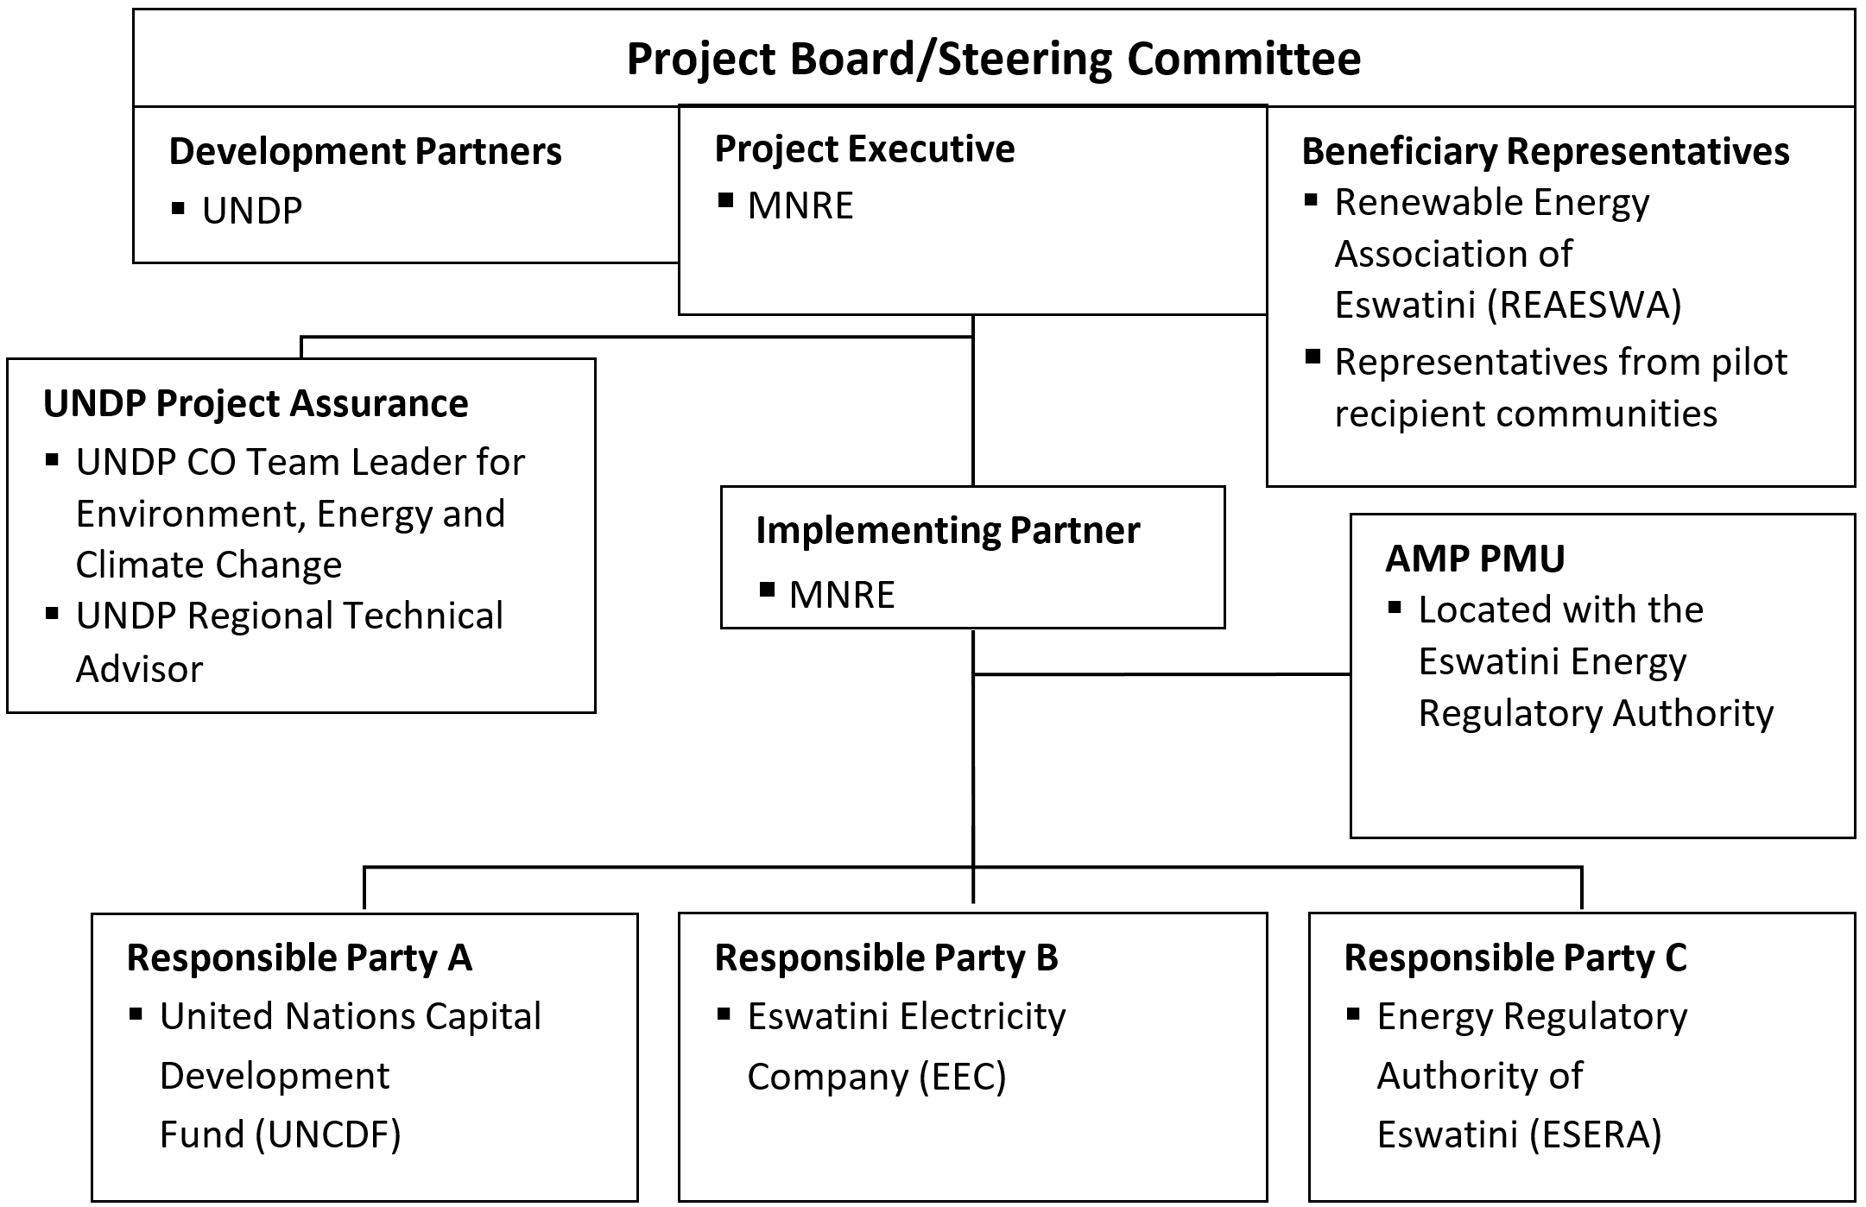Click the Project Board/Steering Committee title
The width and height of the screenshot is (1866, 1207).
993,59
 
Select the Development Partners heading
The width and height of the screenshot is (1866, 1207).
364,152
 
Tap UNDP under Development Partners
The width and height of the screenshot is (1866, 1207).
251,211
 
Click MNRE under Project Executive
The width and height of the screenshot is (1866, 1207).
800,205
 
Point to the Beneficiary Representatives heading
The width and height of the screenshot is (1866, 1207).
1545,152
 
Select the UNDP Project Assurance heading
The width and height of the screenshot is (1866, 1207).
256,404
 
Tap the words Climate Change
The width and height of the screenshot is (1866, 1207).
209,565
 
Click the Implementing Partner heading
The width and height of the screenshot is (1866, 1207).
947,530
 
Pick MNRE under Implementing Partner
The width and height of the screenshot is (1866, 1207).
841,595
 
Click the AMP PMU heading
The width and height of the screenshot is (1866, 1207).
1475,559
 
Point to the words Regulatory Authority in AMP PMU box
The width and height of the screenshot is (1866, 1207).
1596,713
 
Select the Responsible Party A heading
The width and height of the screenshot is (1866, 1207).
299,958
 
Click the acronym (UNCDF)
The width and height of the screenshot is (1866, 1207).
328,1134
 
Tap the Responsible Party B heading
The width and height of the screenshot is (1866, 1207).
886,958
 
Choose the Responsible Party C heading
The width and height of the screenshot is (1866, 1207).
1515,958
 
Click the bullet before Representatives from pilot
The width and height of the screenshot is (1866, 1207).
1313,357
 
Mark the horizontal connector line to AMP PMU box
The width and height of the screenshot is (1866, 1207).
1161,674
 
